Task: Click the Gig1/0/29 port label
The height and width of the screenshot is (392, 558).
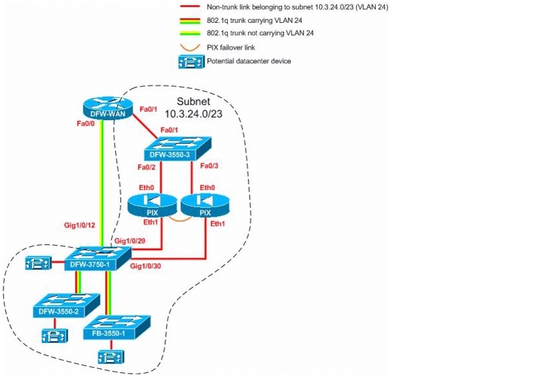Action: point(130,241)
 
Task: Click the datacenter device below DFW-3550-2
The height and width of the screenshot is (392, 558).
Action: point(51,336)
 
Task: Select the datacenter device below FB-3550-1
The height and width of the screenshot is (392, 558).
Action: point(108,357)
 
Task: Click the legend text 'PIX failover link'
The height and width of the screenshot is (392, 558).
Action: point(231,47)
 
